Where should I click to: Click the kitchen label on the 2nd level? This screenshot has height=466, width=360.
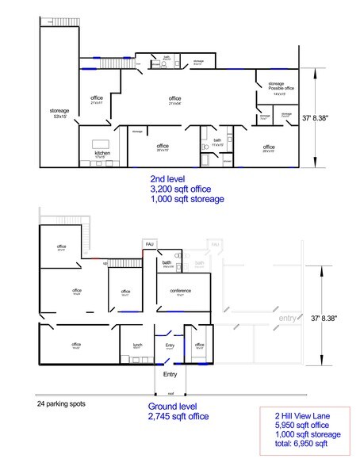point(101,154)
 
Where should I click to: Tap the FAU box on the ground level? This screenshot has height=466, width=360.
point(148,244)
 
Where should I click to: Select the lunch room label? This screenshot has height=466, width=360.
point(137,345)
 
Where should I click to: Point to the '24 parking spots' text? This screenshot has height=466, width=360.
point(60,403)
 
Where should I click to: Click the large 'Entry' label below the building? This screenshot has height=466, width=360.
point(170,374)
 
